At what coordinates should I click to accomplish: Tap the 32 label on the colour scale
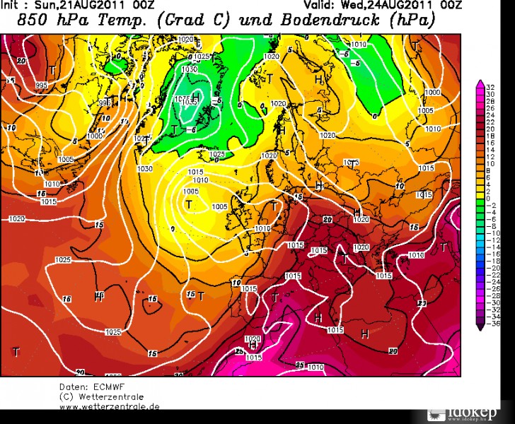[489, 84]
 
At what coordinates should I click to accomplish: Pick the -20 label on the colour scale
[490, 268]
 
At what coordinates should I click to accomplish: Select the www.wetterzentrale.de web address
[110, 406]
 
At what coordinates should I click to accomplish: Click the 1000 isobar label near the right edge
[433, 93]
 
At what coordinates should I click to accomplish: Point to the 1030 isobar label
[145, 168]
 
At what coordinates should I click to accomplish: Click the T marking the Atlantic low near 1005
[189, 204]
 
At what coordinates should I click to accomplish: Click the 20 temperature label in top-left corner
[21, 61]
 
